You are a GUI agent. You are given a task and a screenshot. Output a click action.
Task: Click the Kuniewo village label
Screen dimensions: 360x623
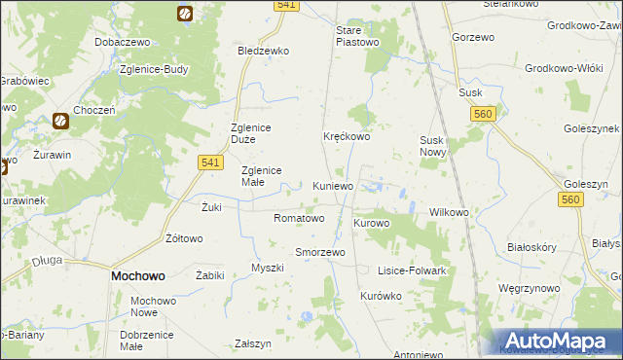click(x=333, y=186)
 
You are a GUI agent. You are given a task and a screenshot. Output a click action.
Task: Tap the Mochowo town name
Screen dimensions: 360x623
click(x=137, y=276)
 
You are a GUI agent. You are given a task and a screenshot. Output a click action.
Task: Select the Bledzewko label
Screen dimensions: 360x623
click(x=264, y=51)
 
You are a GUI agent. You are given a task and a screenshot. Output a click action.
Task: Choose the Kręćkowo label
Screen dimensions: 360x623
click(x=347, y=137)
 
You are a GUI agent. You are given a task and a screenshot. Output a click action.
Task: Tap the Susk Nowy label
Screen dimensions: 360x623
click(x=432, y=146)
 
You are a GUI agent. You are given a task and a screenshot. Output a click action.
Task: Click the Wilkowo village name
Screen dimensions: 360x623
click(x=450, y=212)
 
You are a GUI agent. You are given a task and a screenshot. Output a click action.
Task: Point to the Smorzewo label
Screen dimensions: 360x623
click(x=320, y=252)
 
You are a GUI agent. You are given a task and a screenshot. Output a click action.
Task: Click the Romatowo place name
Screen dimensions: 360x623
click(x=299, y=218)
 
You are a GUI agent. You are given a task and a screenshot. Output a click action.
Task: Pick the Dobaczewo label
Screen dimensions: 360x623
click(x=121, y=44)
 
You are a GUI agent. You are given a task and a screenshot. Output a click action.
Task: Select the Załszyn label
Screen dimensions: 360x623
click(x=253, y=343)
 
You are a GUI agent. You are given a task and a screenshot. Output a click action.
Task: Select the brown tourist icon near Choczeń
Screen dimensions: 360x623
click(x=60, y=121)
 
